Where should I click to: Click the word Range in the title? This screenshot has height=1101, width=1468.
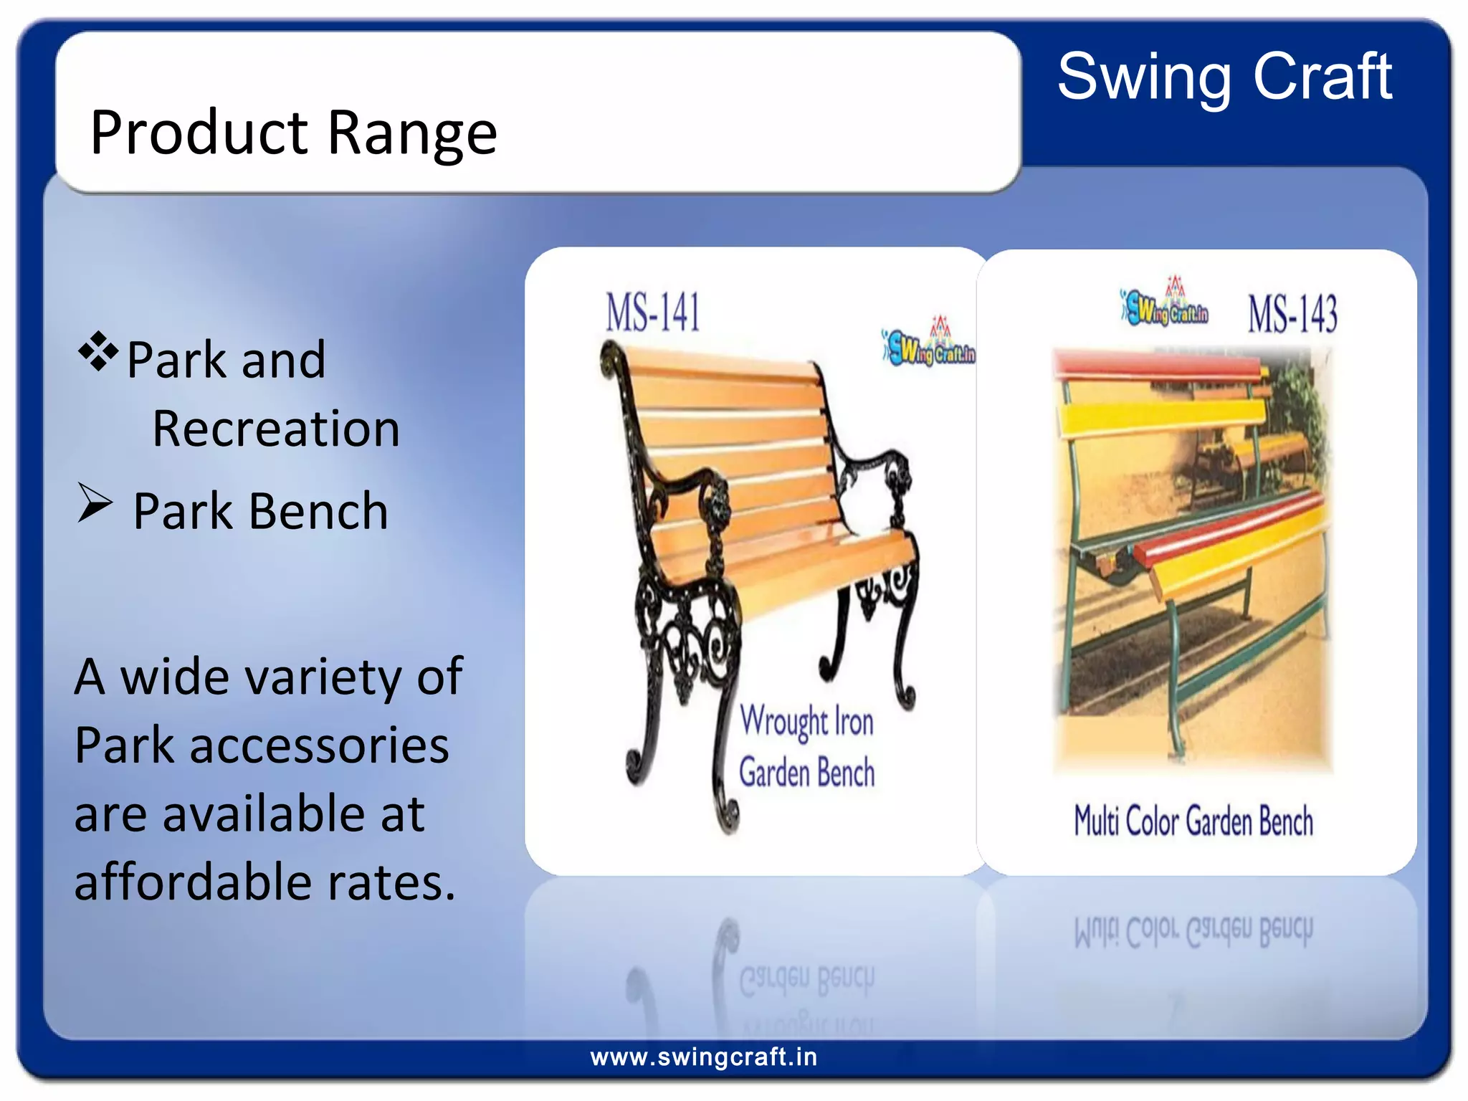(412, 133)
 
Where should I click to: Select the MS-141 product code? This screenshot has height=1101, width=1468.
(652, 313)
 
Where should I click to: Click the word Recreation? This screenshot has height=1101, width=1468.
(276, 429)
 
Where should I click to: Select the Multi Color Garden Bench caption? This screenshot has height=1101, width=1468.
(1193, 821)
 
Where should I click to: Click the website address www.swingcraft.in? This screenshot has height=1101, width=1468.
(703, 1057)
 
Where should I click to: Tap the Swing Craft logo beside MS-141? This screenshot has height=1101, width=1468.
(929, 344)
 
